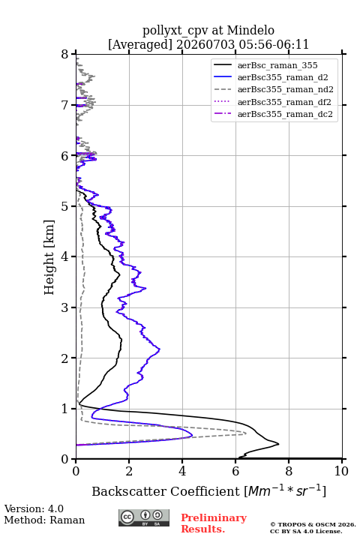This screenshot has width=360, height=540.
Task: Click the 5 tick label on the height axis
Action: pyautogui.click(x=64, y=206)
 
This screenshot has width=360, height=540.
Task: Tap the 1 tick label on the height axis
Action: pyautogui.click(x=64, y=409)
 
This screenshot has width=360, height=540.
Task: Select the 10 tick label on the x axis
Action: pyautogui.click(x=341, y=471)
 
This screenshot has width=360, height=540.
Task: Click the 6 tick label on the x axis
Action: pyautogui.click(x=235, y=471)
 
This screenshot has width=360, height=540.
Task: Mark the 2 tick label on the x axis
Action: pyautogui.click(x=129, y=471)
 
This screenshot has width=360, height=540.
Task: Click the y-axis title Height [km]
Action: pyautogui.click(x=49, y=257)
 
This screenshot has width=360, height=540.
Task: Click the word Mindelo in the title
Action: pyautogui.click(x=250, y=30)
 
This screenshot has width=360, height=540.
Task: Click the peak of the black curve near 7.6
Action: pyautogui.click(x=278, y=444)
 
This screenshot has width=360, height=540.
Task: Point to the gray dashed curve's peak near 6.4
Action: pyautogui.click(x=246, y=433)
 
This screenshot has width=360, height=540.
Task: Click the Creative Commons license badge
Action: pyautogui.click(x=144, y=517)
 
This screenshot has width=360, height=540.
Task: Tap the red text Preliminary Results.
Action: pyautogui.click(x=214, y=523)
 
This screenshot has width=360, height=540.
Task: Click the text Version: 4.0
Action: pyautogui.click(x=34, y=508)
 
